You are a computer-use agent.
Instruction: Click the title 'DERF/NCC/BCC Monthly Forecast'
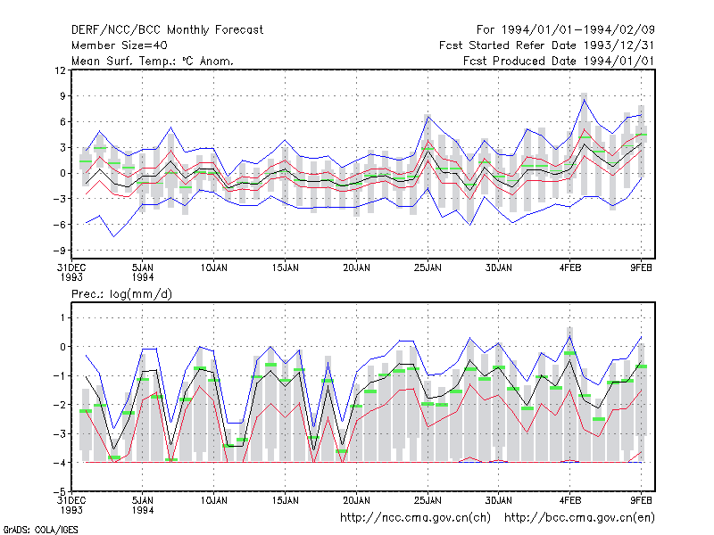click(x=167, y=30)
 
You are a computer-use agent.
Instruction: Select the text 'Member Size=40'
click(x=120, y=45)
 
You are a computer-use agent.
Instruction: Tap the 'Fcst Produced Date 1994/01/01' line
click(x=559, y=61)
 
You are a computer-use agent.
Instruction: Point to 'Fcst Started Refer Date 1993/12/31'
click(x=547, y=45)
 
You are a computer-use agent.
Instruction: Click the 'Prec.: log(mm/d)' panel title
click(x=121, y=294)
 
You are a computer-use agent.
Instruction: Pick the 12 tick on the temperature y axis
click(x=60, y=70)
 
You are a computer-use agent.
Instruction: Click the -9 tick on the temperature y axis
click(x=59, y=251)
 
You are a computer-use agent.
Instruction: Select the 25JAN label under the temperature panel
click(x=428, y=268)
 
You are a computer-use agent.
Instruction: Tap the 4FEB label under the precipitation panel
click(x=570, y=500)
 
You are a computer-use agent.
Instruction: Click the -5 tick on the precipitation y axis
click(x=59, y=492)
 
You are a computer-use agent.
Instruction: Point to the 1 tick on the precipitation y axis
click(x=62, y=317)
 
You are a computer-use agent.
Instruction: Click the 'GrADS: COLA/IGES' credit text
click(x=40, y=530)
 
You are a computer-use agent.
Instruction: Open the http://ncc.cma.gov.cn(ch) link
click(x=415, y=518)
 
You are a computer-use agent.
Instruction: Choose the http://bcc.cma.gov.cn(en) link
click(x=579, y=518)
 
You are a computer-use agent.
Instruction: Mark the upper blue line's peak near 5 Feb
click(x=585, y=100)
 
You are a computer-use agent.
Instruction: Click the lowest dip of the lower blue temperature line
click(x=114, y=236)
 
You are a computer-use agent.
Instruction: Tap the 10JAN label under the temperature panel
click(x=213, y=268)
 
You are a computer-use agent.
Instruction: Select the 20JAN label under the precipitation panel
click(x=356, y=500)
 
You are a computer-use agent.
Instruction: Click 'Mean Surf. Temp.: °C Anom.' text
click(x=153, y=61)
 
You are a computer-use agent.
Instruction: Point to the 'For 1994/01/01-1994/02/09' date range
click(x=566, y=30)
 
